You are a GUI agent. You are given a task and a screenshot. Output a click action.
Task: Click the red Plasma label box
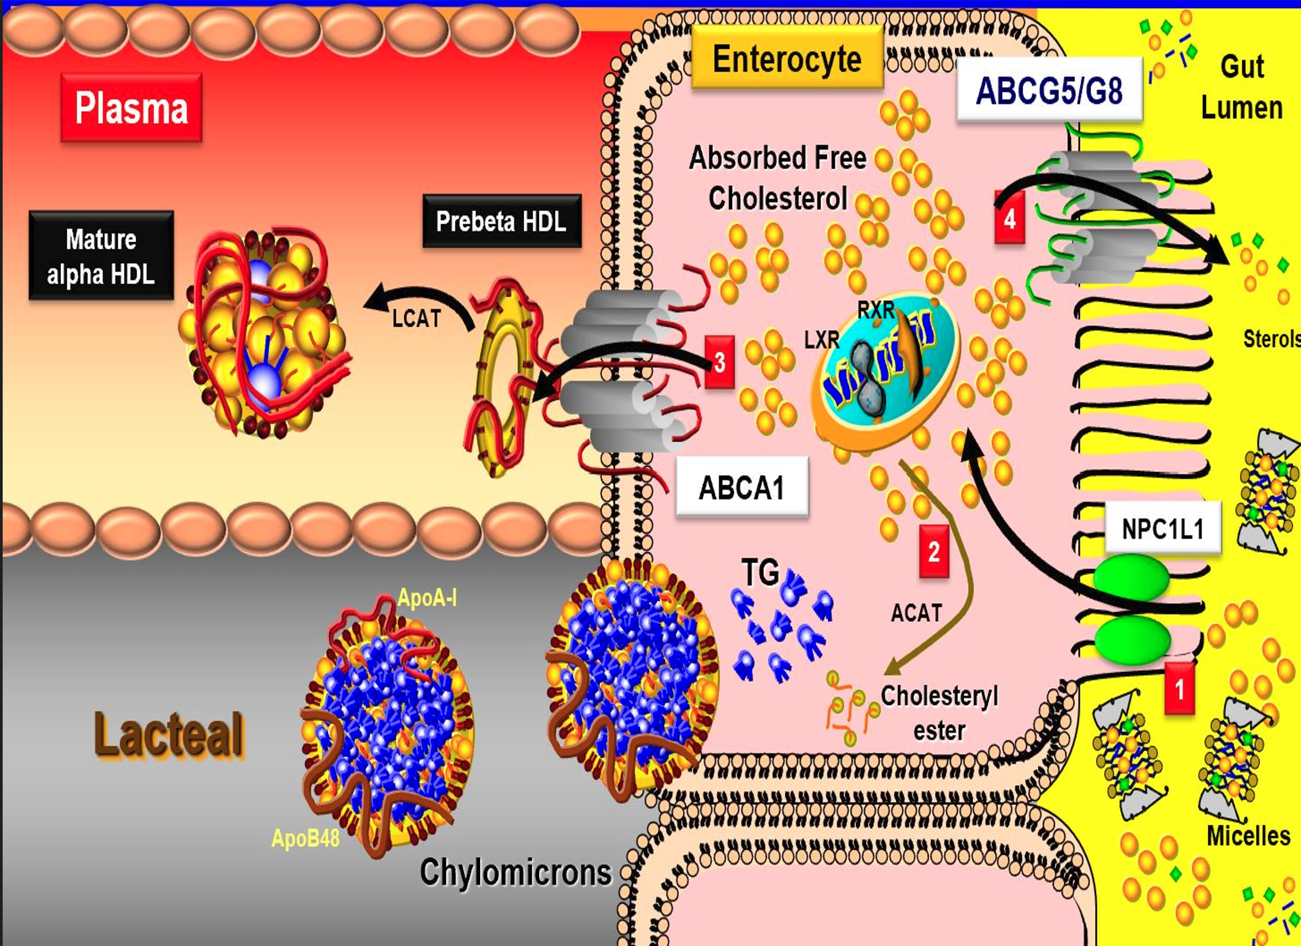pyautogui.click(x=131, y=107)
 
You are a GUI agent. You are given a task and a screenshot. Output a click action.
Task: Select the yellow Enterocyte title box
pyautogui.click(x=787, y=59)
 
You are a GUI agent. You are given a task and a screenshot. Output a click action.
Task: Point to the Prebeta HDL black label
pyautogui.click(x=502, y=221)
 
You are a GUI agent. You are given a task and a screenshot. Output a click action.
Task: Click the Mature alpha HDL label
pyautogui.click(x=101, y=256)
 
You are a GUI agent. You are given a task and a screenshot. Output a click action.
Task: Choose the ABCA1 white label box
pyautogui.click(x=742, y=487)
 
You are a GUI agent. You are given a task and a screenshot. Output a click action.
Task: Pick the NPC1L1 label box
pyautogui.click(x=1163, y=529)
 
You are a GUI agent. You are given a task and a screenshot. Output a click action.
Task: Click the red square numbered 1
pyautogui.click(x=1179, y=688)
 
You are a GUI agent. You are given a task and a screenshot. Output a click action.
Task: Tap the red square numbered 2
pyautogui.click(x=934, y=552)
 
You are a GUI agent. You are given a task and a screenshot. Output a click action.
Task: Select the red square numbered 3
pyautogui.click(x=720, y=362)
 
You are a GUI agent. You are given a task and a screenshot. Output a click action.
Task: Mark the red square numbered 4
pyautogui.click(x=1010, y=217)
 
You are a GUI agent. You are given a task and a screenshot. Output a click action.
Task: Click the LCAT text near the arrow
pyautogui.click(x=416, y=319)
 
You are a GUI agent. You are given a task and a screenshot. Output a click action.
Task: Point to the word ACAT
pyautogui.click(x=916, y=613)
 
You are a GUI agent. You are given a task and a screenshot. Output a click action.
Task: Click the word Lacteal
pyautogui.click(x=168, y=735)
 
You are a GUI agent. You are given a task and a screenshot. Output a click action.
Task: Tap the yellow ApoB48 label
pyautogui.click(x=306, y=838)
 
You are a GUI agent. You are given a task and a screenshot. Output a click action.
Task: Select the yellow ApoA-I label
pyautogui.click(x=427, y=598)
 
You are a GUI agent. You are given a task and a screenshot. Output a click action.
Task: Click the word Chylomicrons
pyautogui.click(x=515, y=871)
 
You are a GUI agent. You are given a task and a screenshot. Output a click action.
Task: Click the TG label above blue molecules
pyautogui.click(x=761, y=571)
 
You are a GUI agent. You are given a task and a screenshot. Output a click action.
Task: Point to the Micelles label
pyautogui.click(x=1248, y=836)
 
